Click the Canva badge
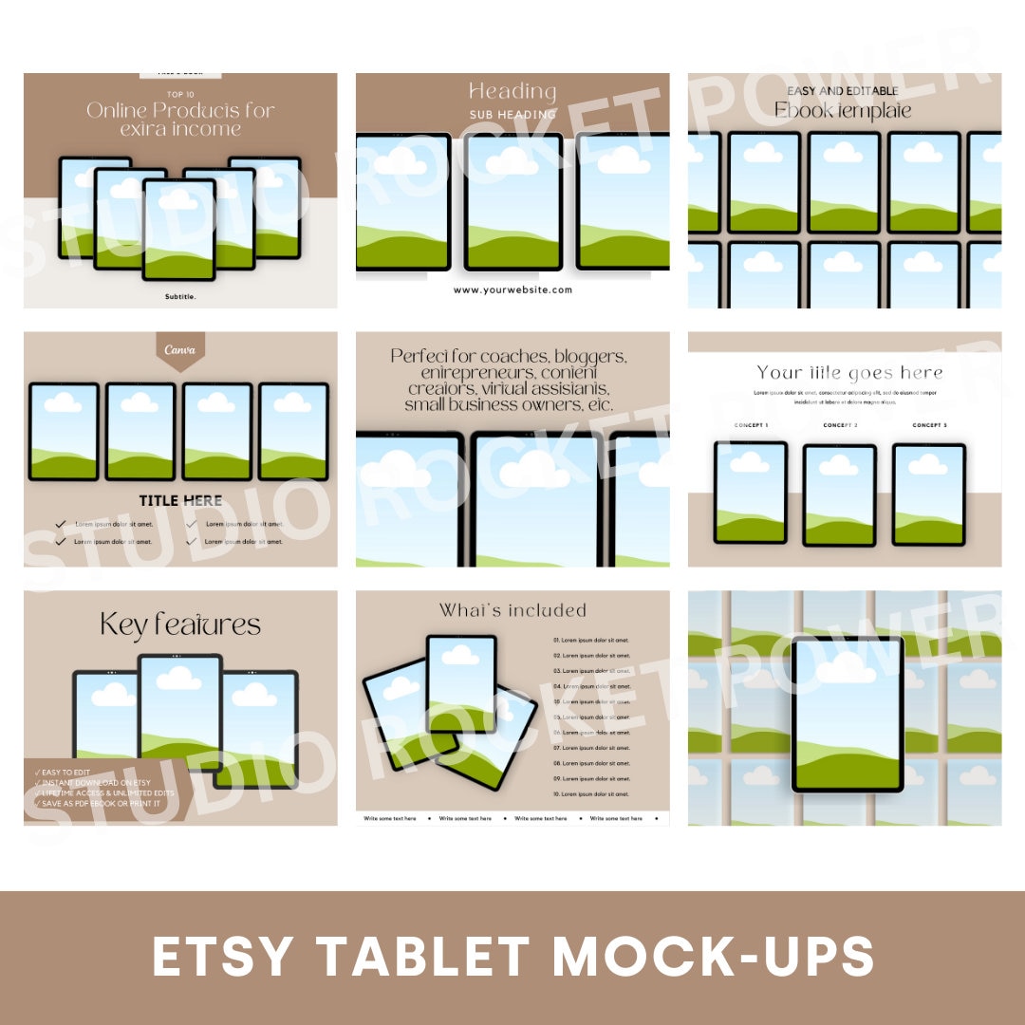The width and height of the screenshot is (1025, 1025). click(179, 349)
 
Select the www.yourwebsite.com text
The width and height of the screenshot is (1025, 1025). click(512, 289)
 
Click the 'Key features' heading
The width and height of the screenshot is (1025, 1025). click(180, 624)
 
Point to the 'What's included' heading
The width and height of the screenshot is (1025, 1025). click(512, 610)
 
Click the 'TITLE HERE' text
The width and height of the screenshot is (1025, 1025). click(180, 500)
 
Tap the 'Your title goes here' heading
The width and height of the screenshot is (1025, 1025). click(849, 373)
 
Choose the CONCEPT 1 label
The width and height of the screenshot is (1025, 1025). click(751, 425)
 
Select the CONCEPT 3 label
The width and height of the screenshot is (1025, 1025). click(929, 425)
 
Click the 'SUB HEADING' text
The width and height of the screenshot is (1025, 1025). click(512, 115)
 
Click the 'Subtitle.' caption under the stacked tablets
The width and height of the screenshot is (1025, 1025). click(180, 296)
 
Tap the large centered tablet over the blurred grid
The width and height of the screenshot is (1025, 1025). click(848, 714)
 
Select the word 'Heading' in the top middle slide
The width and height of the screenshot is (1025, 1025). click(512, 91)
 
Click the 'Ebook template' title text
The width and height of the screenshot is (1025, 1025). click(843, 110)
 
